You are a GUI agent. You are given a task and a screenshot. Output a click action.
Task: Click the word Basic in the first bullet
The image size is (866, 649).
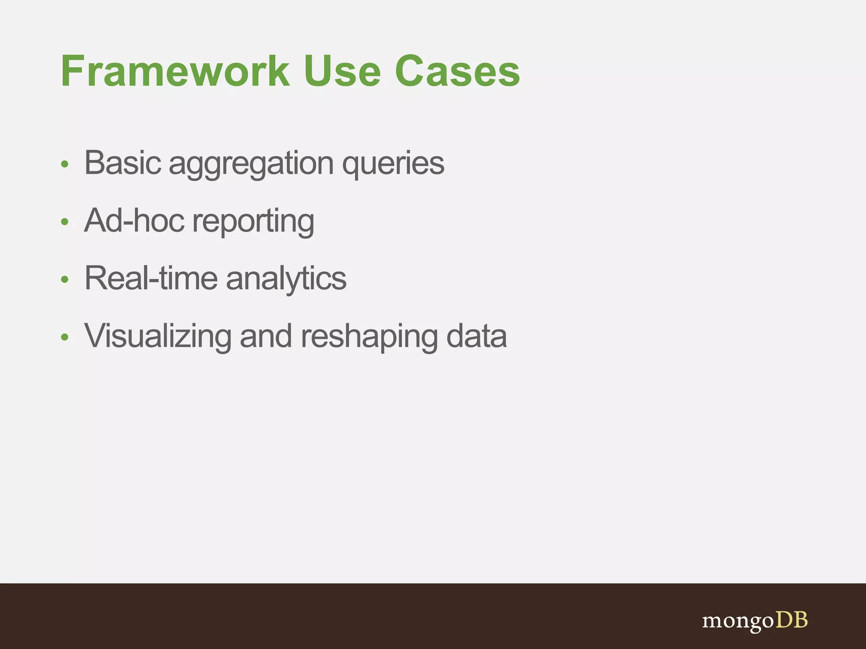point(123,163)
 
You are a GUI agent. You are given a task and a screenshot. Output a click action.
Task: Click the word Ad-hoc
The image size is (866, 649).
point(134,221)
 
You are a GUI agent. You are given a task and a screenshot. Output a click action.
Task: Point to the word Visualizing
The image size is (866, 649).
point(158,337)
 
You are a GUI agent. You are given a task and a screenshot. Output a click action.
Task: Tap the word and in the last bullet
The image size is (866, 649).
point(266,337)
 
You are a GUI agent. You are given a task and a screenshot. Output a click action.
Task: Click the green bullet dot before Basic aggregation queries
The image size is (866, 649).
point(64,164)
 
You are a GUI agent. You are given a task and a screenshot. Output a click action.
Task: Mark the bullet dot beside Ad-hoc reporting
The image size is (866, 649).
point(64,222)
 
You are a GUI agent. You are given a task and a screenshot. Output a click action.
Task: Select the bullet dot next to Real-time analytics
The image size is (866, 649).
point(64,279)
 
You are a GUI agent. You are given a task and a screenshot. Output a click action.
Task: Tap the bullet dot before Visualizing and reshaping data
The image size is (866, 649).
point(64,337)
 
